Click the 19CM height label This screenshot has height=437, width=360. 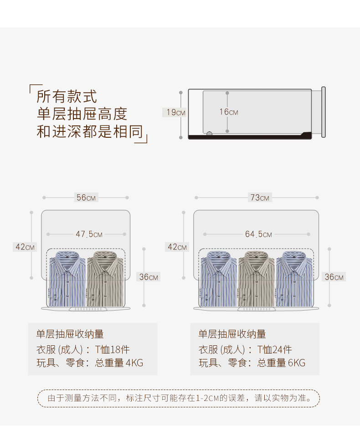[x=175, y=112]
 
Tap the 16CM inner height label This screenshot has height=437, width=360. [x=229, y=112]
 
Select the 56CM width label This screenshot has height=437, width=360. [x=86, y=198]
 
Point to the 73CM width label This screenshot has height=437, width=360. [x=259, y=198]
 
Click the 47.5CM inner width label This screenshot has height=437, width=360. [x=88, y=234]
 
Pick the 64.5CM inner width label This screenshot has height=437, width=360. [x=258, y=234]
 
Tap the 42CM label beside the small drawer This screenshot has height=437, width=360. [x=25, y=247]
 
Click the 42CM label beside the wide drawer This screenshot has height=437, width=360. [x=177, y=247]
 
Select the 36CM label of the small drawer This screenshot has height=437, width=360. [x=149, y=277]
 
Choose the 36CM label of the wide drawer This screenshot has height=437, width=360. [x=334, y=277]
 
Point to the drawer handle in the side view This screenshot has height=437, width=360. [x=323, y=112]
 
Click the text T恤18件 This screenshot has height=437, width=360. [x=112, y=350]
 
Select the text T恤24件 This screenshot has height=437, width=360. [x=274, y=350]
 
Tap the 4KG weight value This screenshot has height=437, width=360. [x=134, y=363]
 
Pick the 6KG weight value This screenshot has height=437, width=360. [x=297, y=363]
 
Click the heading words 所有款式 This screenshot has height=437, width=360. [x=67, y=96]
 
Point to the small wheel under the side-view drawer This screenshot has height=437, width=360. [x=210, y=134]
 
